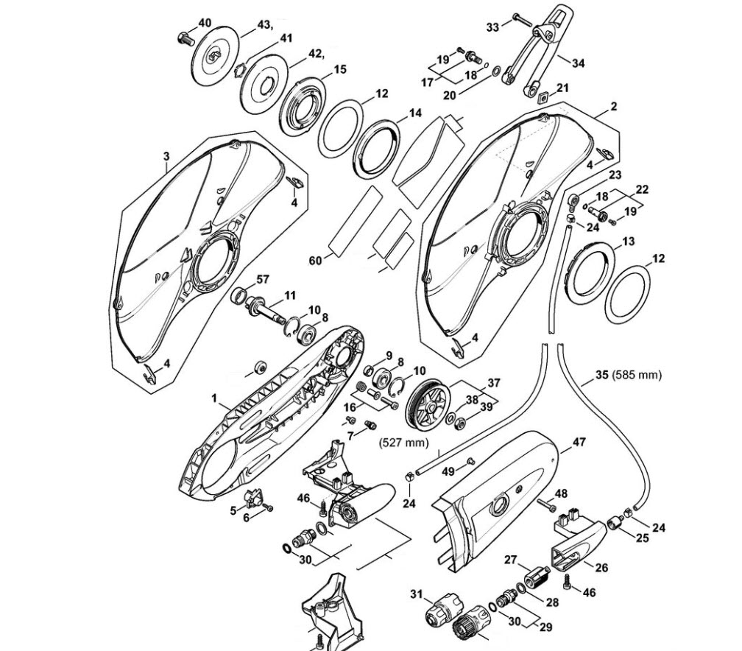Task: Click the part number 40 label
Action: [205, 23]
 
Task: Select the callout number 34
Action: [578, 63]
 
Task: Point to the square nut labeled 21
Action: [543, 97]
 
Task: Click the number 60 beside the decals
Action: [315, 261]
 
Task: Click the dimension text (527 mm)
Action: [403, 443]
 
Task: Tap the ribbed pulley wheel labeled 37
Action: [428, 405]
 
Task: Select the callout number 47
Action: [579, 442]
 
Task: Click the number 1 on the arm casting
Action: [214, 398]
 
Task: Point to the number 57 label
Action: [262, 279]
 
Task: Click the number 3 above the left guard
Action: [166, 156]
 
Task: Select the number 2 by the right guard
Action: [614, 107]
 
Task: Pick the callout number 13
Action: [628, 242]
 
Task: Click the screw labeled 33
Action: [522, 19]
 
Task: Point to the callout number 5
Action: [233, 510]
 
